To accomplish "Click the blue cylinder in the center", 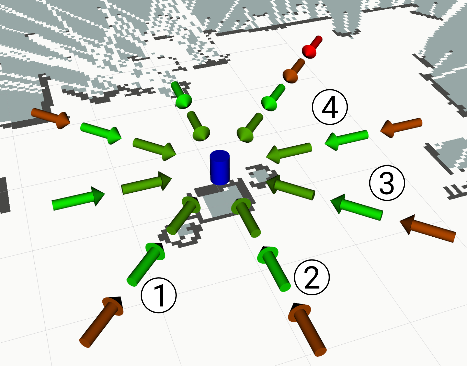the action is click(x=220, y=168).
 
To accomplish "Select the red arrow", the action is click(x=312, y=47).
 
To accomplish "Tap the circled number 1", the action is click(x=159, y=295).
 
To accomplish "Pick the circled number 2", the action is click(x=312, y=277).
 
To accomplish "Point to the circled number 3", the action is click(x=387, y=183).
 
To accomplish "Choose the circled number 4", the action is click(x=330, y=107).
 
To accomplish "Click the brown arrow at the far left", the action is click(x=51, y=118).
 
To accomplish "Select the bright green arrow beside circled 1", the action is click(x=146, y=264).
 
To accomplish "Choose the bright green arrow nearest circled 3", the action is click(x=356, y=207).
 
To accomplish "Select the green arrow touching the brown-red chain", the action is click(x=273, y=97).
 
